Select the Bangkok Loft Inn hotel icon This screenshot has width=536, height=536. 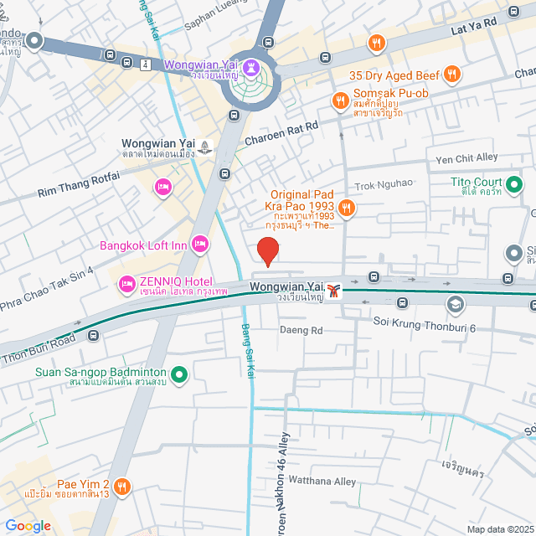pyautogui.click(x=199, y=244)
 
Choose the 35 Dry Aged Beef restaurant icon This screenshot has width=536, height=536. pyautogui.click(x=452, y=73)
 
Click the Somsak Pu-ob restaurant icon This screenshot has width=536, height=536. pyautogui.click(x=340, y=101)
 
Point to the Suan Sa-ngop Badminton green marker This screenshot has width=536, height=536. pyautogui.click(x=178, y=374)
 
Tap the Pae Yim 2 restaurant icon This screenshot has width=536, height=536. pyautogui.click(x=122, y=485)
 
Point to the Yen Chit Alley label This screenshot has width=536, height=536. pyautogui.click(x=467, y=157)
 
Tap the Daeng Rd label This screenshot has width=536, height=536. pyautogui.click(x=301, y=331)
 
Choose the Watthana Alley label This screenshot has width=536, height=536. pyautogui.click(x=322, y=482)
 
